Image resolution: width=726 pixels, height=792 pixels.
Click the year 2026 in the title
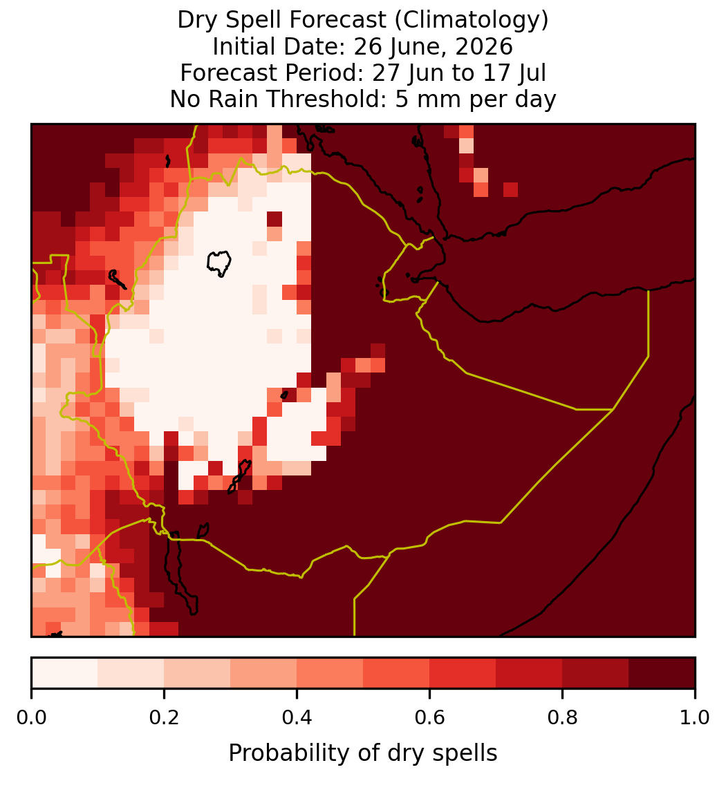pyautogui.click(x=484, y=47)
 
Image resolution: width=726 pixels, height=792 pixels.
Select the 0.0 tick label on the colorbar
pyautogui.click(x=32, y=717)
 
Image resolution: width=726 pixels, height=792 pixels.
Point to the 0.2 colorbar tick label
pyautogui.click(x=164, y=717)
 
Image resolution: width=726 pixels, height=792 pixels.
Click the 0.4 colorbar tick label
pyautogui.click(x=297, y=717)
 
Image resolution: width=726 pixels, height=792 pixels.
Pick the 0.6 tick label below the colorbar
pyautogui.click(x=429, y=717)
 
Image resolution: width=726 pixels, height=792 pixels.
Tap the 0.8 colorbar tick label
pyautogui.click(x=562, y=717)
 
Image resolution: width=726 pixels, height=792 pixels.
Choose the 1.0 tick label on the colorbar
pyautogui.click(x=695, y=717)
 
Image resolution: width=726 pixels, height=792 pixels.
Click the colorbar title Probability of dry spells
pyautogui.click(x=363, y=753)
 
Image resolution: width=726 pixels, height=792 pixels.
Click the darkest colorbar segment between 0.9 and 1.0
pyautogui.click(x=662, y=673)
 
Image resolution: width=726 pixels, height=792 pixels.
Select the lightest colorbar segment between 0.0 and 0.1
pyautogui.click(x=65, y=673)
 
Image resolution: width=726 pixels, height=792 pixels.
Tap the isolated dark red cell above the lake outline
pyautogui.click(x=274, y=219)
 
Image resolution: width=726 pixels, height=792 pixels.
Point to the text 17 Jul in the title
pyautogui.click(x=515, y=73)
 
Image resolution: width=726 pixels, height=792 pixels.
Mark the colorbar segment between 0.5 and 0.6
pyautogui.click(x=397, y=673)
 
